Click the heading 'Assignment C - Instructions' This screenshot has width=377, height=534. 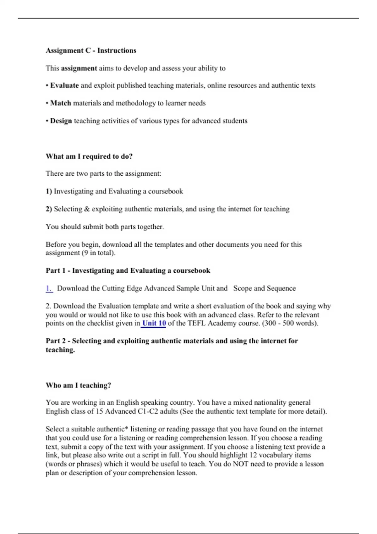click(x=91, y=51)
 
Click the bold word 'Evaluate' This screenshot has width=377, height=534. click(x=64, y=85)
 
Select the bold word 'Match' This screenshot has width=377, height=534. click(x=61, y=103)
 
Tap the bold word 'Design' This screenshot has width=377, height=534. click(x=61, y=121)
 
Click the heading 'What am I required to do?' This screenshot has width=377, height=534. click(x=89, y=156)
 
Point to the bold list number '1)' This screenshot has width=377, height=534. click(x=49, y=191)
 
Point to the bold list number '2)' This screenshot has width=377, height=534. click(x=49, y=209)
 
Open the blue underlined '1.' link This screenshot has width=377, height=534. click(x=49, y=288)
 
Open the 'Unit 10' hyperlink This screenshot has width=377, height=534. click(x=154, y=324)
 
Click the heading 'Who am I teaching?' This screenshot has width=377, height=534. click(x=78, y=385)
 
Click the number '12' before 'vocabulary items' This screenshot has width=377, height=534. click(x=253, y=455)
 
